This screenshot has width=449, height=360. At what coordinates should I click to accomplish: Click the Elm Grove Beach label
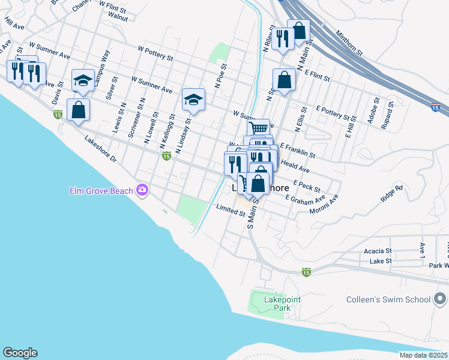(101, 191)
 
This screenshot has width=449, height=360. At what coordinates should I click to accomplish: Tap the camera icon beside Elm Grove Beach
(142, 190)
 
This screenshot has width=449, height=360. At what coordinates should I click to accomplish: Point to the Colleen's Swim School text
(388, 299)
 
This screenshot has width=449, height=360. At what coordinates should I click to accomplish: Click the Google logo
(20, 353)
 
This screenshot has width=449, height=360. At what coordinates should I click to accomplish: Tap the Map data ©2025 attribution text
(423, 355)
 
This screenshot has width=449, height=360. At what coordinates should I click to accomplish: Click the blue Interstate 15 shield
(435, 108)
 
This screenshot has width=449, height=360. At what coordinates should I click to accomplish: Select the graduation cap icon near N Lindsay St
(193, 99)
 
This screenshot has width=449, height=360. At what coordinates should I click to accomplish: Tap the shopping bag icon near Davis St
(78, 110)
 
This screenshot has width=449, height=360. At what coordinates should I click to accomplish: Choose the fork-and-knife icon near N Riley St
(282, 39)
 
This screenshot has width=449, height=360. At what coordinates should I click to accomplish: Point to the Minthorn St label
(349, 43)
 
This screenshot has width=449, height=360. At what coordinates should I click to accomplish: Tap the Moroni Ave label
(324, 205)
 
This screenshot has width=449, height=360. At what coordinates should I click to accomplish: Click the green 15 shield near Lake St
(306, 272)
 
